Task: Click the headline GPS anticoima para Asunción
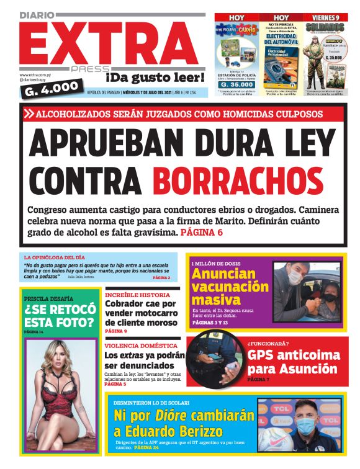pos(294,362)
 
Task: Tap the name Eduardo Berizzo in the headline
pos(168,433)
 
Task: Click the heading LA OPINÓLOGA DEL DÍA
pos(55,257)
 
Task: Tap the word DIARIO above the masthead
pos(37,14)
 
